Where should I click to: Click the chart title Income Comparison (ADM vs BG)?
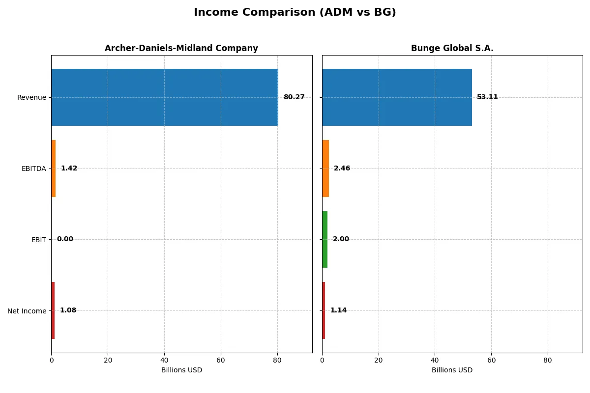[x=295, y=13]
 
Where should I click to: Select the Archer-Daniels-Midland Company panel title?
[x=181, y=48]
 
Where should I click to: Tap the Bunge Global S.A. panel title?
[x=452, y=48]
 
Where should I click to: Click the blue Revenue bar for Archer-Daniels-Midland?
[x=164, y=97]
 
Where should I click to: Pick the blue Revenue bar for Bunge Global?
[x=397, y=97]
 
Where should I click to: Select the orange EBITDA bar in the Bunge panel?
[x=325, y=168]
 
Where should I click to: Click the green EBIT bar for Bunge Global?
[x=325, y=239]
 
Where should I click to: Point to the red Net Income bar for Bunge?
[x=324, y=310]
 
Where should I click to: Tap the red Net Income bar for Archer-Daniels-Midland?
[x=53, y=310]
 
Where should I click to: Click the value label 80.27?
[x=294, y=97]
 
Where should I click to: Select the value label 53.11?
[x=487, y=97]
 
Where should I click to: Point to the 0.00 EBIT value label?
[x=65, y=239]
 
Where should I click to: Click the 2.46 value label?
[x=342, y=168]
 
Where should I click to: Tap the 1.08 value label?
[x=68, y=310]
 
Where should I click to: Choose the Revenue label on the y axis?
[x=31, y=97]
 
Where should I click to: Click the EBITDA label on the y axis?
[x=33, y=168]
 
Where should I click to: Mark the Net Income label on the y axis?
[x=27, y=310]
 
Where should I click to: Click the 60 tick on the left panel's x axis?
[x=221, y=360]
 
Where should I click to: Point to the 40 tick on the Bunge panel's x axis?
[x=435, y=360]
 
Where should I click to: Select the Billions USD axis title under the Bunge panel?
[x=452, y=370]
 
